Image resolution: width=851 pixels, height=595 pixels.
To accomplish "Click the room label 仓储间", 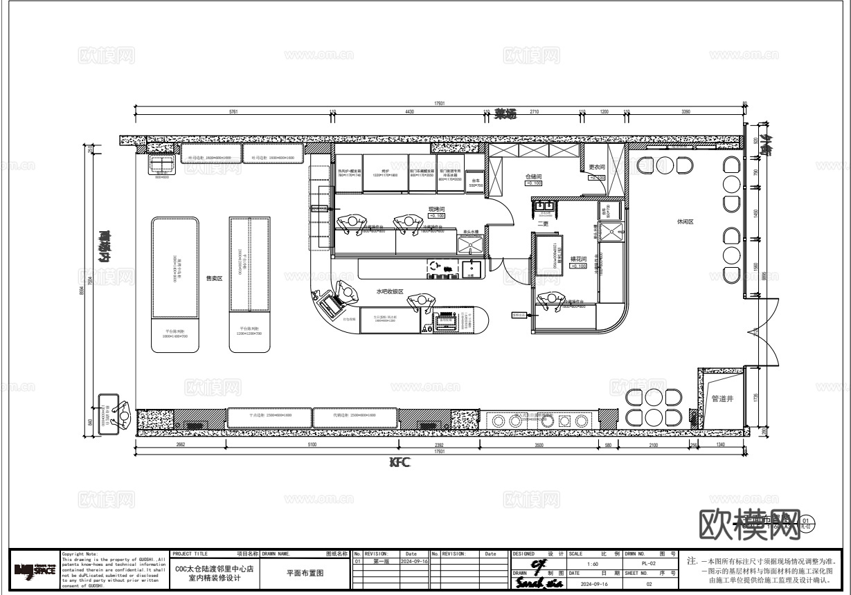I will point(533,177).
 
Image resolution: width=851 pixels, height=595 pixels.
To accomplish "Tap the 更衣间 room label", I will point(597,167).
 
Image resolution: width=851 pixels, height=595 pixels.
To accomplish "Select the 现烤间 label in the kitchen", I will point(436,208).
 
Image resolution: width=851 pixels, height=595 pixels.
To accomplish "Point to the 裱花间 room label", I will point(578,259).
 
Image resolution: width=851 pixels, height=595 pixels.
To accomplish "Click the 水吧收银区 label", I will point(390,292).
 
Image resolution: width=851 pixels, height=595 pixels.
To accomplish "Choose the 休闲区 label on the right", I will point(685,222).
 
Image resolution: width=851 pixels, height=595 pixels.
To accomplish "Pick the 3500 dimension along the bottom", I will point(539,445).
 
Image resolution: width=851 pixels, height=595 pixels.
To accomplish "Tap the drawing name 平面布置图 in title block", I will point(305,573).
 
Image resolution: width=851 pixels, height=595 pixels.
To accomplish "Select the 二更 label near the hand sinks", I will point(543,223).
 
